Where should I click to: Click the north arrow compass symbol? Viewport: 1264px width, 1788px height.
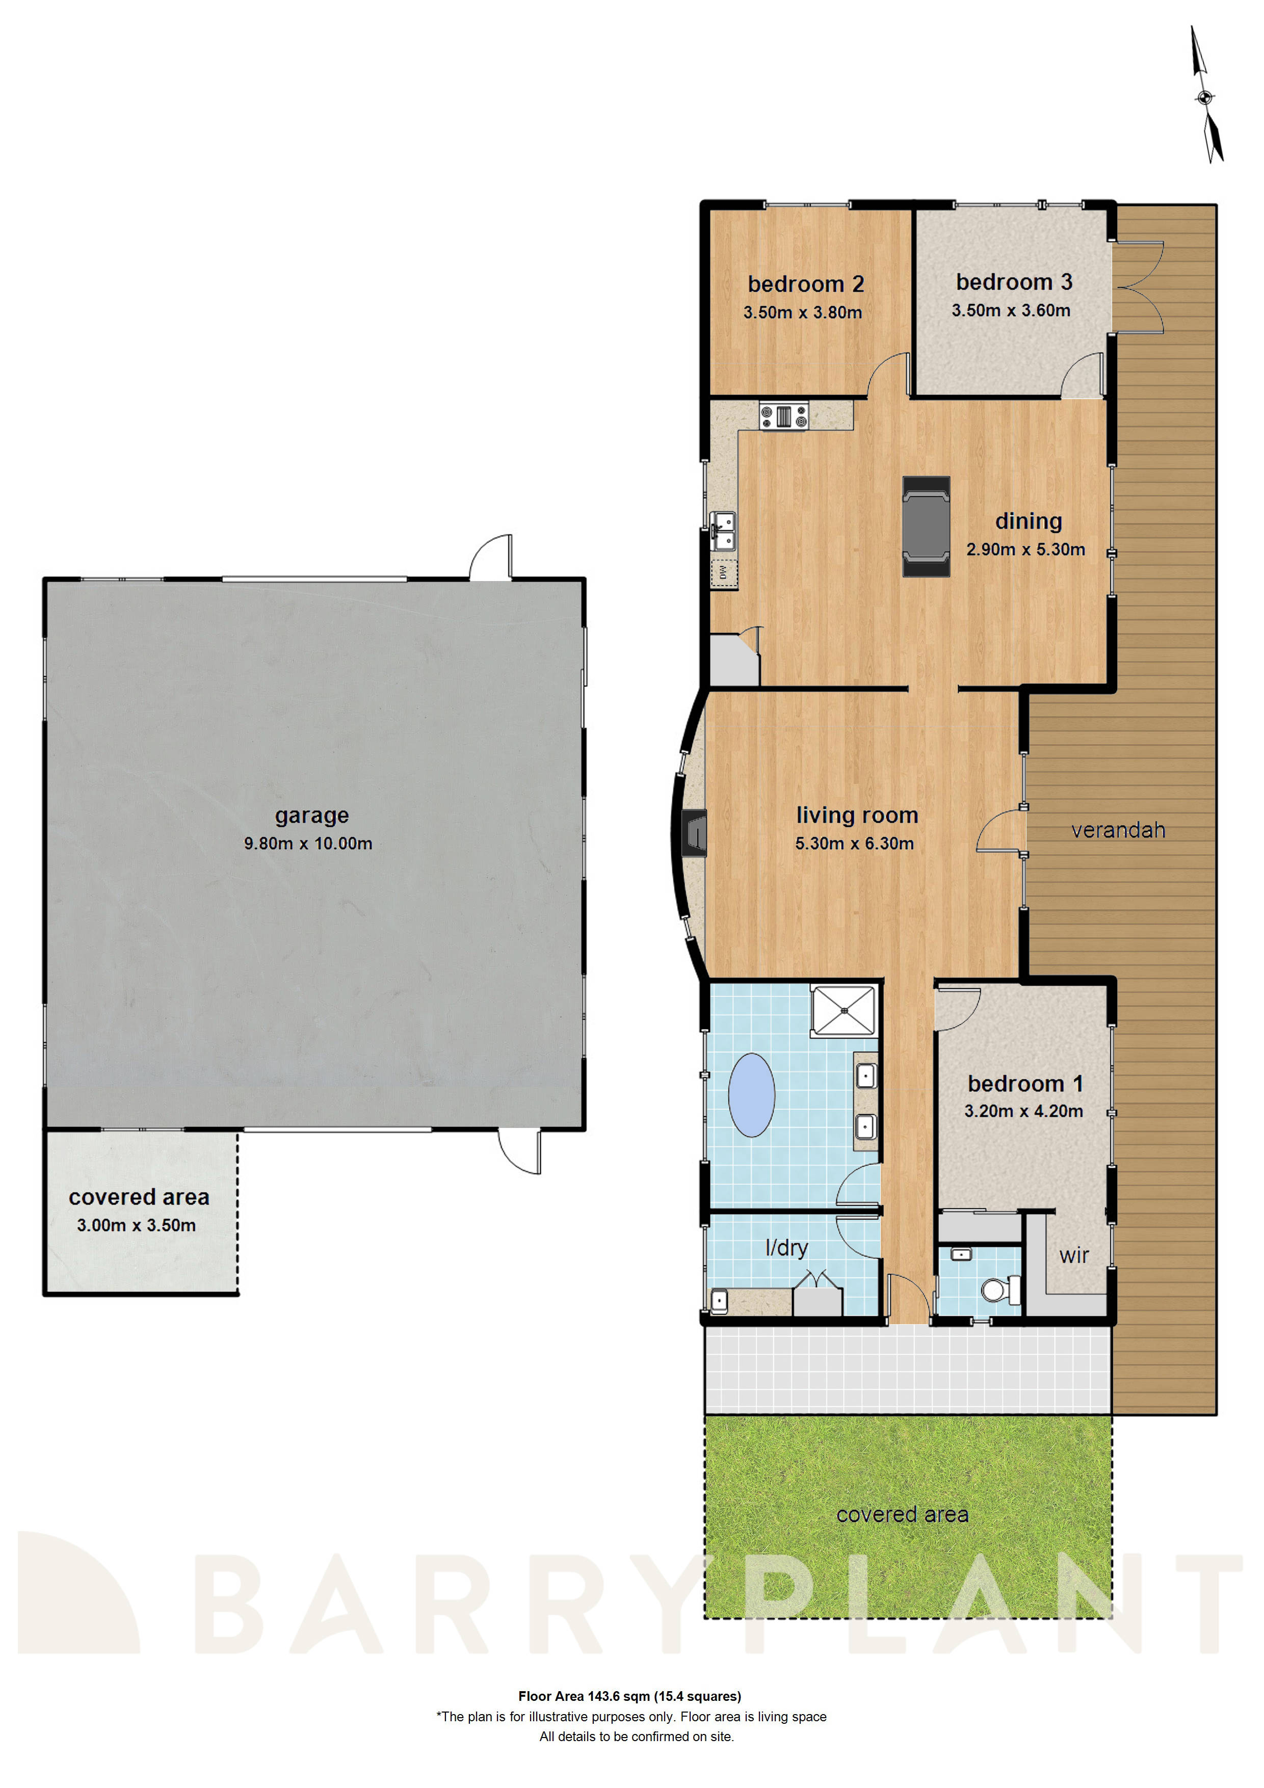pos(1205,96)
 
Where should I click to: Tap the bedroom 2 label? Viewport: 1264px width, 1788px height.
pos(806,284)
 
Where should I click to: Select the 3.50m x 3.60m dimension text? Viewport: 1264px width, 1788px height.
pos(1011,311)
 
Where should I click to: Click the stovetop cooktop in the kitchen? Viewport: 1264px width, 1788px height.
pos(783,416)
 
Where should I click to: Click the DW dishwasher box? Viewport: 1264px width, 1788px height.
pos(724,572)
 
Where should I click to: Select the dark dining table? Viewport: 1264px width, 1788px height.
pos(926,527)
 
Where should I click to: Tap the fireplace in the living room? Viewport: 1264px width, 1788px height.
pos(694,834)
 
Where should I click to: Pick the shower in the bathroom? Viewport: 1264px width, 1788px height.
pos(844,1011)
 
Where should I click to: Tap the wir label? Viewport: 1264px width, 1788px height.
pos(1074,1255)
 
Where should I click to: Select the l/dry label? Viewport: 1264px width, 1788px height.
pos(786,1248)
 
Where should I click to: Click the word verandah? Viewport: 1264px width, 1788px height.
pos(1118,830)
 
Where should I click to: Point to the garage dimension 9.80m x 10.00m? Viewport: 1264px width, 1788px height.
pos(308,844)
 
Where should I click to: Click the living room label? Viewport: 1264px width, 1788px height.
pos(857,816)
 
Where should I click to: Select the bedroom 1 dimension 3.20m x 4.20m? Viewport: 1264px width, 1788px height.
pos(1023,1111)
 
